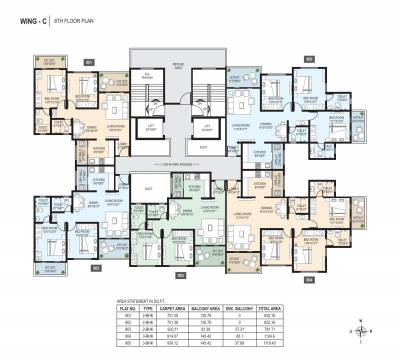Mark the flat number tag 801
click(x=89, y=62)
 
